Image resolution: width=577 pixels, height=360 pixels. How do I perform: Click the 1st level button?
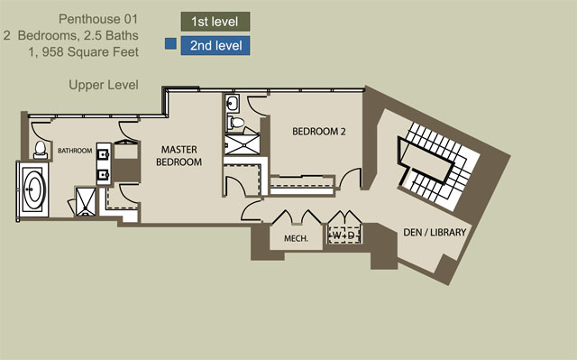tap(215, 22)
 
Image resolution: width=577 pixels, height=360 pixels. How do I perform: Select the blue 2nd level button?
tap(215, 46)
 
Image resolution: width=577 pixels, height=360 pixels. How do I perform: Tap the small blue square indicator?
tap(170, 43)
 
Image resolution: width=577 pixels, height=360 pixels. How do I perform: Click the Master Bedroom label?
tap(179, 156)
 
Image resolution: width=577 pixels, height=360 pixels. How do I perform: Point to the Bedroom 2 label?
tap(319, 132)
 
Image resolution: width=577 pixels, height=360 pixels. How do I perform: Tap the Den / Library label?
tap(435, 232)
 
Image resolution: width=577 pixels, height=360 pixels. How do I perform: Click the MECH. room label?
tap(296, 238)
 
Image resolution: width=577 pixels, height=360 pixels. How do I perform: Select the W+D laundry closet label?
tap(343, 235)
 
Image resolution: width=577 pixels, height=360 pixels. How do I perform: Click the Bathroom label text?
tap(75, 151)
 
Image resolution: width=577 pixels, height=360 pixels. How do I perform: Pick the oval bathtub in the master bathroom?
tap(33, 189)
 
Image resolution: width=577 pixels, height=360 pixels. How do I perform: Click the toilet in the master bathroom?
tap(40, 150)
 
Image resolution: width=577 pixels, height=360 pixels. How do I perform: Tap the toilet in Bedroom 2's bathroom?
tap(235, 122)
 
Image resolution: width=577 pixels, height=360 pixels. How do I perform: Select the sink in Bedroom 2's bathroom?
tap(233, 103)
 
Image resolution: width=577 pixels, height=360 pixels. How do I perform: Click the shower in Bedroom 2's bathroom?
tap(243, 144)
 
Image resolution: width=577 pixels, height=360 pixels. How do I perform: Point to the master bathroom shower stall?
tap(86, 202)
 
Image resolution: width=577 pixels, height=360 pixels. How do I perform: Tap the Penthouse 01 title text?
tap(98, 19)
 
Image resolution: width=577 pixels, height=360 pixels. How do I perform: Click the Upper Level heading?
tap(104, 85)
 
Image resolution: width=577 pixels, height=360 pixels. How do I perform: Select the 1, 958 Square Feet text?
tap(84, 52)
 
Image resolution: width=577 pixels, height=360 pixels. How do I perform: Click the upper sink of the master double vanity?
tap(104, 154)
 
